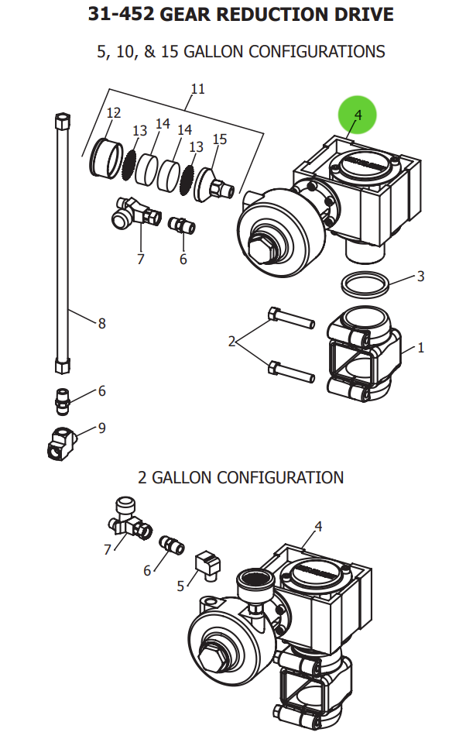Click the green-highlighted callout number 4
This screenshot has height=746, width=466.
coord(357,115)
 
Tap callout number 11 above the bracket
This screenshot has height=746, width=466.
coord(197,89)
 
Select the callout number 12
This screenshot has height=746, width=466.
coord(114,113)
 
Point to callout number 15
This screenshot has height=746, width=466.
coord(220,139)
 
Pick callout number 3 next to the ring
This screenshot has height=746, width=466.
coord(420,277)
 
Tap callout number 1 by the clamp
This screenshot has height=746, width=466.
coord(420,348)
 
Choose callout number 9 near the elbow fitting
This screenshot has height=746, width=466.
coord(101,428)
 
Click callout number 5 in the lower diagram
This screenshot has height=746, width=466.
coord(180,586)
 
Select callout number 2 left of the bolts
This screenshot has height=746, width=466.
coord(231,341)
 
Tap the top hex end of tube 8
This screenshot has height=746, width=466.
coord(63,122)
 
